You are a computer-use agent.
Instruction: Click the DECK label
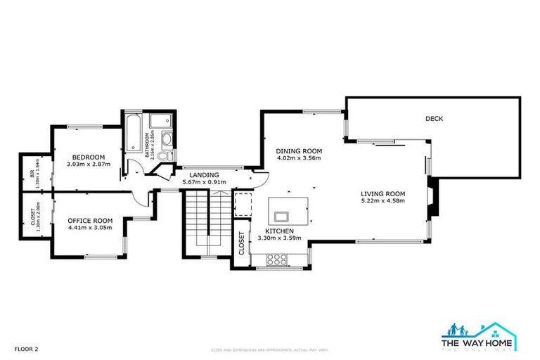click(x=434, y=119)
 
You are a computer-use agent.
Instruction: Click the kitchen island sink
click(x=284, y=215)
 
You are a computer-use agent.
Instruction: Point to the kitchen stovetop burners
click(x=276, y=259)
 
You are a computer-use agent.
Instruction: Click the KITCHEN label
click(x=279, y=231)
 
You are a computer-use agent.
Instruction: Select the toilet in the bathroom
click(x=164, y=156)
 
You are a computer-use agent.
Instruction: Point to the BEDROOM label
click(x=89, y=156)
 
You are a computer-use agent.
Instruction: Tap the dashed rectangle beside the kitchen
click(x=242, y=203)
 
